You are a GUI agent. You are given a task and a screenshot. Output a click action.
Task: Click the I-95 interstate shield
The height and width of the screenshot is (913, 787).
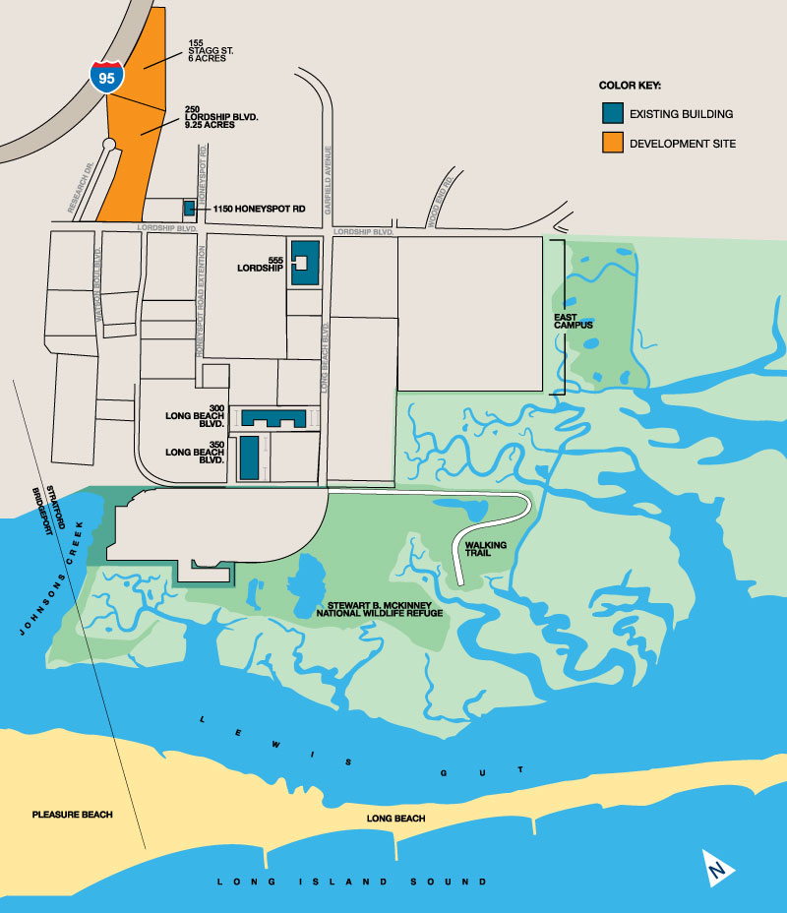[x=107, y=76]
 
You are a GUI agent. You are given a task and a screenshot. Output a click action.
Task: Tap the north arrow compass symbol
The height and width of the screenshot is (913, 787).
[x=719, y=867]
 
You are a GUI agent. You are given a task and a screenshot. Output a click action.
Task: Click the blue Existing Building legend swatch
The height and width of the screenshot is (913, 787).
[x=612, y=114]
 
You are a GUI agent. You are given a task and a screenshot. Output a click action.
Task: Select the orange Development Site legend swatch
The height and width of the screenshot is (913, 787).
[x=612, y=144]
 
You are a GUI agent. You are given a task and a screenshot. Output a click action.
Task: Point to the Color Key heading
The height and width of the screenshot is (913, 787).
[x=630, y=86]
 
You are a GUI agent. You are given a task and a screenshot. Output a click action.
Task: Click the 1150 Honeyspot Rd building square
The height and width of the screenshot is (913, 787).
[x=188, y=209]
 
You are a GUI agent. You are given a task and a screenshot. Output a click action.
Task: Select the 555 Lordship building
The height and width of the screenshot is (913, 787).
[x=304, y=263]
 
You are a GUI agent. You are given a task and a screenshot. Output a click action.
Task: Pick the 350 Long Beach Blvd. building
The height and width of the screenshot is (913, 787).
[x=249, y=458]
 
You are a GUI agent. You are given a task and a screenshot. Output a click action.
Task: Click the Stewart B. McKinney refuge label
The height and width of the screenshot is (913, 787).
[x=379, y=608]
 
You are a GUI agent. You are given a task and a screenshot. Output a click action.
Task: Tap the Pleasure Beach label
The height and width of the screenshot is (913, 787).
[x=72, y=815]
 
